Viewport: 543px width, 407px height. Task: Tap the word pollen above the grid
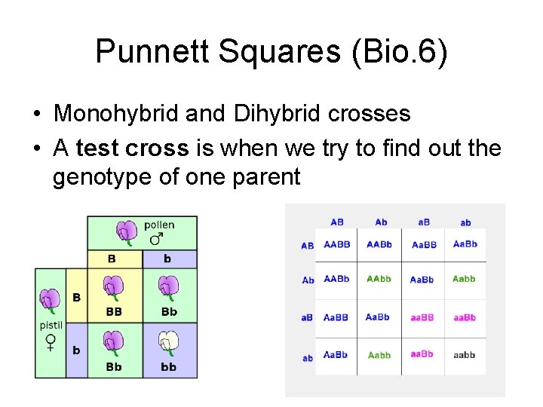coord(159,225)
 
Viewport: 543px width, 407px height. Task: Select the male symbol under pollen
coord(156,239)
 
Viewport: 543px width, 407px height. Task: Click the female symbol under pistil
coord(51,342)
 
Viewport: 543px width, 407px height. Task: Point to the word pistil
coord(51,326)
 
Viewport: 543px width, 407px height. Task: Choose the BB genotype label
coord(114,312)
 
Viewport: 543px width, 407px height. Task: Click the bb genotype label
coord(169,367)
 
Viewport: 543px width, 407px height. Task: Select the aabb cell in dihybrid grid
coord(465,355)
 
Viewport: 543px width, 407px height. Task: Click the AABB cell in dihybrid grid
coord(336,244)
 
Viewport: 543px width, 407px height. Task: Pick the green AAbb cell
coord(379,279)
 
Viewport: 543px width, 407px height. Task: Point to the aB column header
coord(424,222)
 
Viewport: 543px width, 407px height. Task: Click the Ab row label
coord(308,280)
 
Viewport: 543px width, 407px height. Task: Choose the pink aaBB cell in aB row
coord(422,317)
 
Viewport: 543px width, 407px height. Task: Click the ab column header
coord(465,222)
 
